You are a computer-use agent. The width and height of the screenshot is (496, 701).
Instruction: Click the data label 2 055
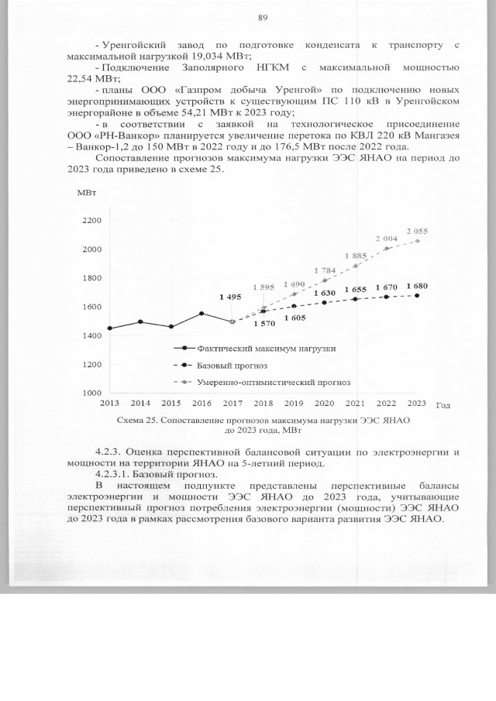tap(417, 231)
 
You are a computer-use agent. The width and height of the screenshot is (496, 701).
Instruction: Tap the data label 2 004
tap(387, 238)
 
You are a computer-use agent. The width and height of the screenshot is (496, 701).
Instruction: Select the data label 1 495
tap(231, 297)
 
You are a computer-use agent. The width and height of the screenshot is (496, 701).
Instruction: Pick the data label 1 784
tap(325, 270)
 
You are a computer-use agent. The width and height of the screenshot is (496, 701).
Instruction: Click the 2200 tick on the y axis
tap(91, 221)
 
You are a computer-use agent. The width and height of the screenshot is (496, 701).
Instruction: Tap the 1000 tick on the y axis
tap(91, 393)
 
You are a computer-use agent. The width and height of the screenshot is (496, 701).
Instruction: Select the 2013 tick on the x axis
tap(109, 404)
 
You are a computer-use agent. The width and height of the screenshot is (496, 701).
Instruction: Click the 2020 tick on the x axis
tap(325, 404)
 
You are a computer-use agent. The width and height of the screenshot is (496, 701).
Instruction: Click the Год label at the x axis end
tap(443, 405)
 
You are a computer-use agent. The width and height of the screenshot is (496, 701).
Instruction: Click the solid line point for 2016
tap(201, 314)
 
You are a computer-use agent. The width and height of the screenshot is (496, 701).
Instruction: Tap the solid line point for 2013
tap(109, 328)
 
